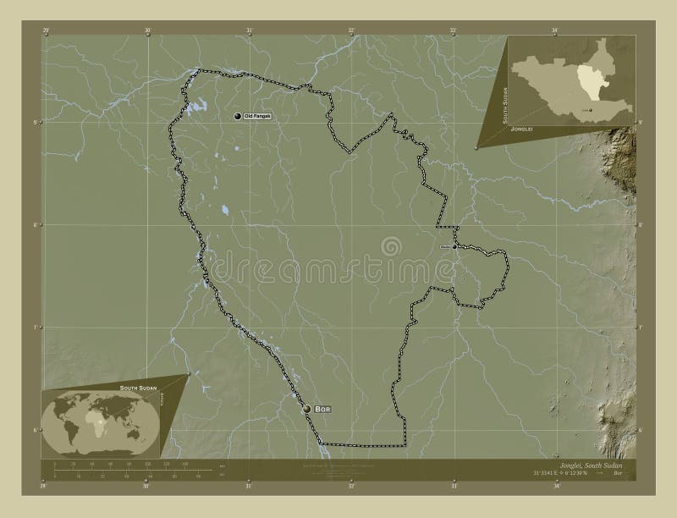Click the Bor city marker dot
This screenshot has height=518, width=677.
pyautogui.click(x=306, y=409)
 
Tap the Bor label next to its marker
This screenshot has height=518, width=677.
pyautogui.click(x=322, y=409)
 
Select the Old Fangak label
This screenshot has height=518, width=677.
pyautogui.click(x=257, y=116)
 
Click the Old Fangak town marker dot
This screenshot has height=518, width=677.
pyautogui.click(x=238, y=116)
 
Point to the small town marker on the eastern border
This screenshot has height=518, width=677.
pyautogui.click(x=454, y=247)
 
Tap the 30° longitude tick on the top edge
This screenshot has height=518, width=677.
pyautogui.click(x=147, y=30)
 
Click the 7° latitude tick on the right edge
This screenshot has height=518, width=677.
pyautogui.click(x=641, y=327)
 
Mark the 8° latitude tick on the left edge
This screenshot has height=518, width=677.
pyautogui.click(x=36, y=224)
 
